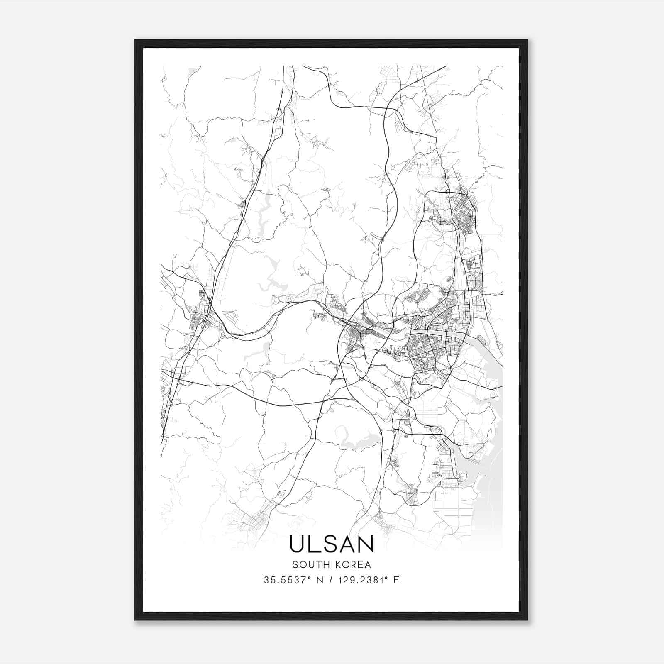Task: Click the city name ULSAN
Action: (331, 544)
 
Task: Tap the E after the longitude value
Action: (396, 580)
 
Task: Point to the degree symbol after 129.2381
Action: (386, 577)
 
